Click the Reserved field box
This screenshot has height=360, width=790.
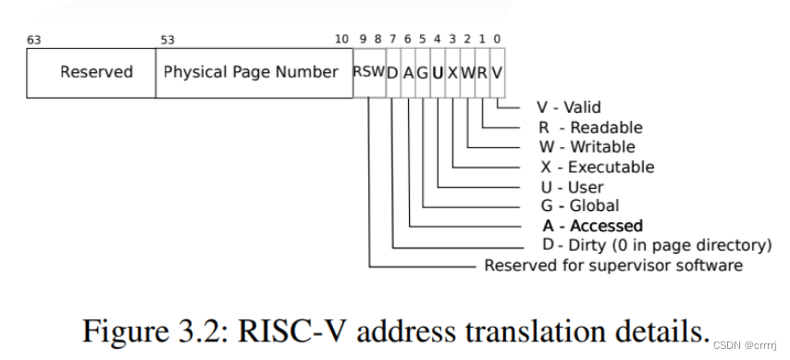[x=96, y=72]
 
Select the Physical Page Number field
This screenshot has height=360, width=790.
[x=251, y=72]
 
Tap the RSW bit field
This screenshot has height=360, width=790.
[x=367, y=72]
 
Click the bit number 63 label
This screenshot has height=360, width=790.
[x=35, y=40]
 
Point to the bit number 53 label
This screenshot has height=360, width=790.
[x=167, y=40]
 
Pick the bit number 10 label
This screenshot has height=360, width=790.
[x=341, y=40]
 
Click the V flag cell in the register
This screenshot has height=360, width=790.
[x=498, y=72]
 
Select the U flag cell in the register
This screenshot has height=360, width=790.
[x=438, y=72]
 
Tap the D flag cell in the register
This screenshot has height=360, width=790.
[x=392, y=72]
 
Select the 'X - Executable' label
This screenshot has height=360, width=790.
[x=597, y=168]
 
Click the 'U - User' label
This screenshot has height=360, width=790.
[x=574, y=187]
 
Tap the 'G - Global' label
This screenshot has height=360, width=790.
[x=580, y=205]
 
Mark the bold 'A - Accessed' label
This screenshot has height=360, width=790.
[x=592, y=226]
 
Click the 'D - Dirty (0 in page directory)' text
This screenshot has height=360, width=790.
[x=657, y=245]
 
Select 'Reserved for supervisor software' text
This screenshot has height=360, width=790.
[x=613, y=266]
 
